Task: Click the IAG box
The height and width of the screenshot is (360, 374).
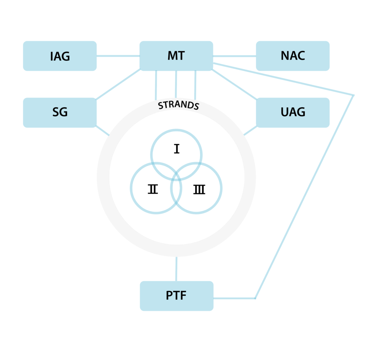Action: (60, 56)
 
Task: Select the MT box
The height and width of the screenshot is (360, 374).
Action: (176, 56)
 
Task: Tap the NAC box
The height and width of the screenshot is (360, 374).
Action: (293, 56)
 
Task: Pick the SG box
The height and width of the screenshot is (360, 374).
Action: (60, 113)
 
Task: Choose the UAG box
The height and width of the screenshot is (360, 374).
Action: (293, 113)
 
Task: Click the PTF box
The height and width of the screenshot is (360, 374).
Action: (176, 296)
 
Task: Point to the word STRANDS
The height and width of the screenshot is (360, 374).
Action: (178, 105)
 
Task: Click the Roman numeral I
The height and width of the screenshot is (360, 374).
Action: (177, 149)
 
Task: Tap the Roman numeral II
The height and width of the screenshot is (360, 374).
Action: (153, 189)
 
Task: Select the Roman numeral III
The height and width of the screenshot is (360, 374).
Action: (199, 189)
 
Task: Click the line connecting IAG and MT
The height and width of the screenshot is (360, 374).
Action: (118, 56)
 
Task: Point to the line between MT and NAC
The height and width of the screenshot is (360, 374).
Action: (234, 56)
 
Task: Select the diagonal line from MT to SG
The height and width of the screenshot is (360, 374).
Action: (118, 84)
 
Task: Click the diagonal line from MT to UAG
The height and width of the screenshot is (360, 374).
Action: (234, 84)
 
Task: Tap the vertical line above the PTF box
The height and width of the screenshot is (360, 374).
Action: (176, 269)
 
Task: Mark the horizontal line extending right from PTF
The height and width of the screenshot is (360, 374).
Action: (234, 298)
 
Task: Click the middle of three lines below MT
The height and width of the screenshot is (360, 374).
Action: (176, 84)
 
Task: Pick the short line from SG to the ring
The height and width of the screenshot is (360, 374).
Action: (102, 130)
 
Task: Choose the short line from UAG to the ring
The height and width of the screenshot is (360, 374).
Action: (250, 130)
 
